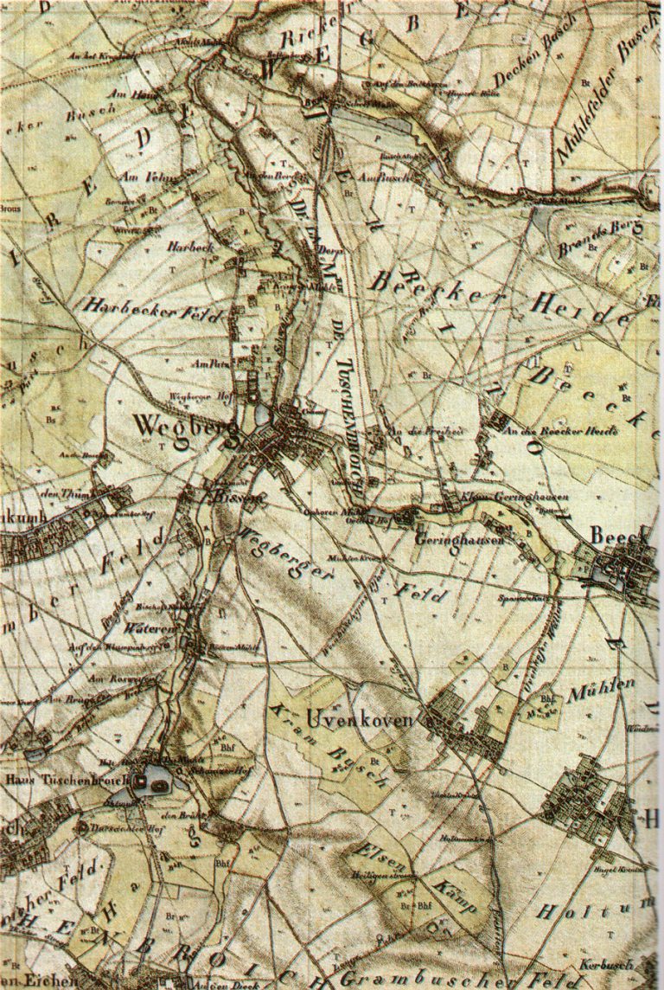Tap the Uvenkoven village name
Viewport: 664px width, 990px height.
(364, 718)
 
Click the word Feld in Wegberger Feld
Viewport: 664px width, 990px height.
(413, 594)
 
